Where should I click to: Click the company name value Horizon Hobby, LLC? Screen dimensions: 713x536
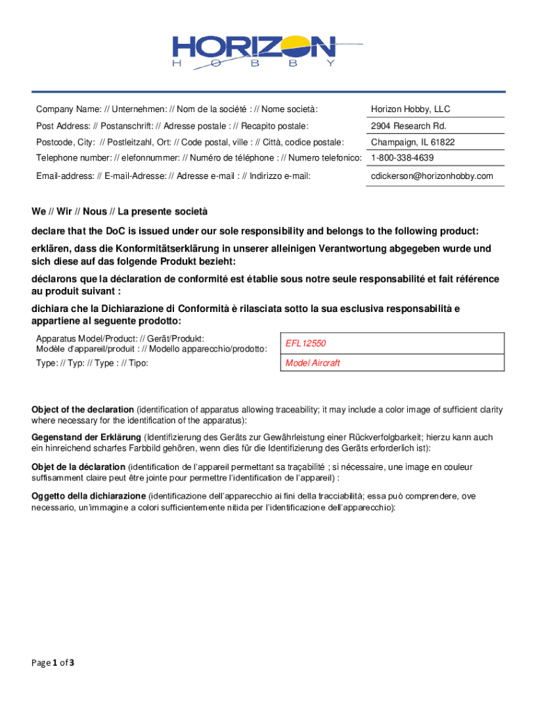point(411,109)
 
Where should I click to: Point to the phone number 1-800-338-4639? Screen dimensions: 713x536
point(402,158)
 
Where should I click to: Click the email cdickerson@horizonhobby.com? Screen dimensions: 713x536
point(432,176)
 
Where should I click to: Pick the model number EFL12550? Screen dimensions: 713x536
point(306,344)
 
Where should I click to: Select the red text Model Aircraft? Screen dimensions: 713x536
point(313,363)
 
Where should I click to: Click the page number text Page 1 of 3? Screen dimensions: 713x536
point(52,662)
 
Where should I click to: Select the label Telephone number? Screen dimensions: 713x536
point(68,158)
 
